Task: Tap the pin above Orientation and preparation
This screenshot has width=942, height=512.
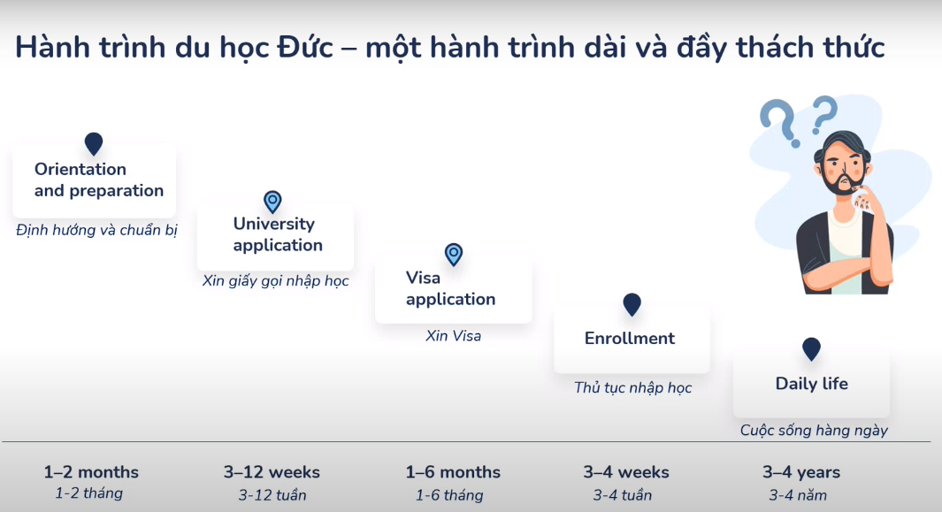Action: pos(94,143)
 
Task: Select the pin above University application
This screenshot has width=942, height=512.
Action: pos(272,202)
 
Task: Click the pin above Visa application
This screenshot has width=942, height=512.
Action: pos(454,255)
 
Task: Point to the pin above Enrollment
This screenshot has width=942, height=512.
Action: pos(632,304)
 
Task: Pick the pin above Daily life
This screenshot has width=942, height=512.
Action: pos(811,348)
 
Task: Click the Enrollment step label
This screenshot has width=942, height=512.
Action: pos(630,339)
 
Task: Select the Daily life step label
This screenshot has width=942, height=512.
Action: pos(811,384)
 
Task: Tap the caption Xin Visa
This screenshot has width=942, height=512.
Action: pos(454,336)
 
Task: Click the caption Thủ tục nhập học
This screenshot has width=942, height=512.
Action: pos(632,387)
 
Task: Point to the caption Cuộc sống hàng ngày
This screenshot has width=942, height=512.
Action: pos(814,431)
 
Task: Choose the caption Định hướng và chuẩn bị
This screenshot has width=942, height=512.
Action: pos(97,230)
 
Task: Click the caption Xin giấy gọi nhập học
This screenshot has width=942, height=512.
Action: pos(276,281)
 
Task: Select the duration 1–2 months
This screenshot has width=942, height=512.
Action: pos(91,472)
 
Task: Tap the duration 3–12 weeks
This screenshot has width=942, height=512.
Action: pos(272,472)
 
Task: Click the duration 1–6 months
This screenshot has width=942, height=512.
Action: pos(453,472)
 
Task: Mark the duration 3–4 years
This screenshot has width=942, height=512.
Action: pos(801,472)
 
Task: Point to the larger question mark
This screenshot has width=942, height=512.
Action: pos(777,122)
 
